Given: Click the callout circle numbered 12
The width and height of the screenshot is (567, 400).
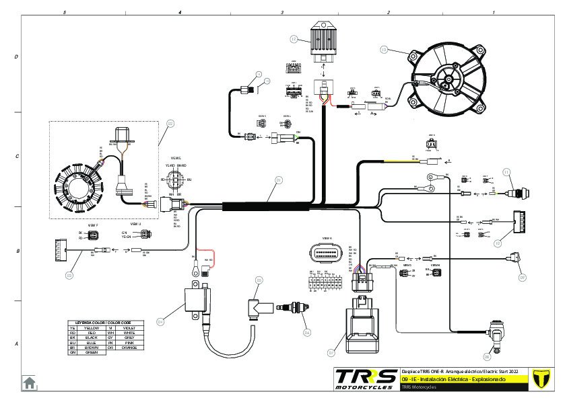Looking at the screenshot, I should pos(294,40).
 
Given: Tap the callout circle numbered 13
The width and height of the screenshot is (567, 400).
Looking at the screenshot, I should pos(384,49).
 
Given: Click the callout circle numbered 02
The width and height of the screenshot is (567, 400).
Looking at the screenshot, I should pos(170,123).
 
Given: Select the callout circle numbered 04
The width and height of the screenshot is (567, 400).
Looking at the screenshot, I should pos(160,322).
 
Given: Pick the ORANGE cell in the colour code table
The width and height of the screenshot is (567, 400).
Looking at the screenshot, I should pos(129,348).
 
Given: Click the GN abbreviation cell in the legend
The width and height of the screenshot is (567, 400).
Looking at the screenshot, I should pos(73,352).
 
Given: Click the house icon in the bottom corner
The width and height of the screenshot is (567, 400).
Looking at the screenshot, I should pos(30,383).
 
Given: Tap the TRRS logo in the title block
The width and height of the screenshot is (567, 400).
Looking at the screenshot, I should pos(366,378).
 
